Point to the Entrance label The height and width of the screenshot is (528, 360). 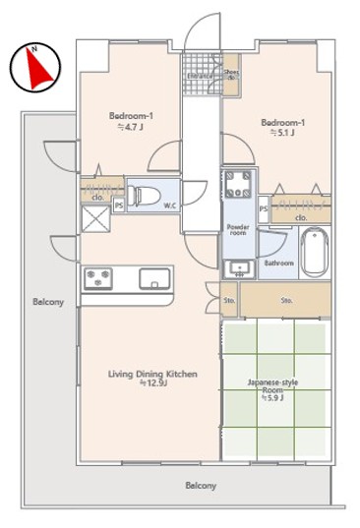click(x=202, y=74)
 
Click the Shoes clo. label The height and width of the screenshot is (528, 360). click(x=231, y=75)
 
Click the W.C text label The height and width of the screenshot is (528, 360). click(x=169, y=205)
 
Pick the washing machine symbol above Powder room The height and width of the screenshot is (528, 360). click(x=239, y=185)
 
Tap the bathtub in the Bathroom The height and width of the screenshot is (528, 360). click(x=315, y=252)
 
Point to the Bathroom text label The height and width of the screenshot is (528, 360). click(x=279, y=263)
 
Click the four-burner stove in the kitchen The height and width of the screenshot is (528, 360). click(x=99, y=278)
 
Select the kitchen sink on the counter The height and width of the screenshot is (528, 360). click(x=155, y=278)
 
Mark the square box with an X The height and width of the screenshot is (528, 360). click(x=95, y=222)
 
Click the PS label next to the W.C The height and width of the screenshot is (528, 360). click(x=119, y=205)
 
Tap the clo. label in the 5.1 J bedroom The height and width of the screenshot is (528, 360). click(x=299, y=217)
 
